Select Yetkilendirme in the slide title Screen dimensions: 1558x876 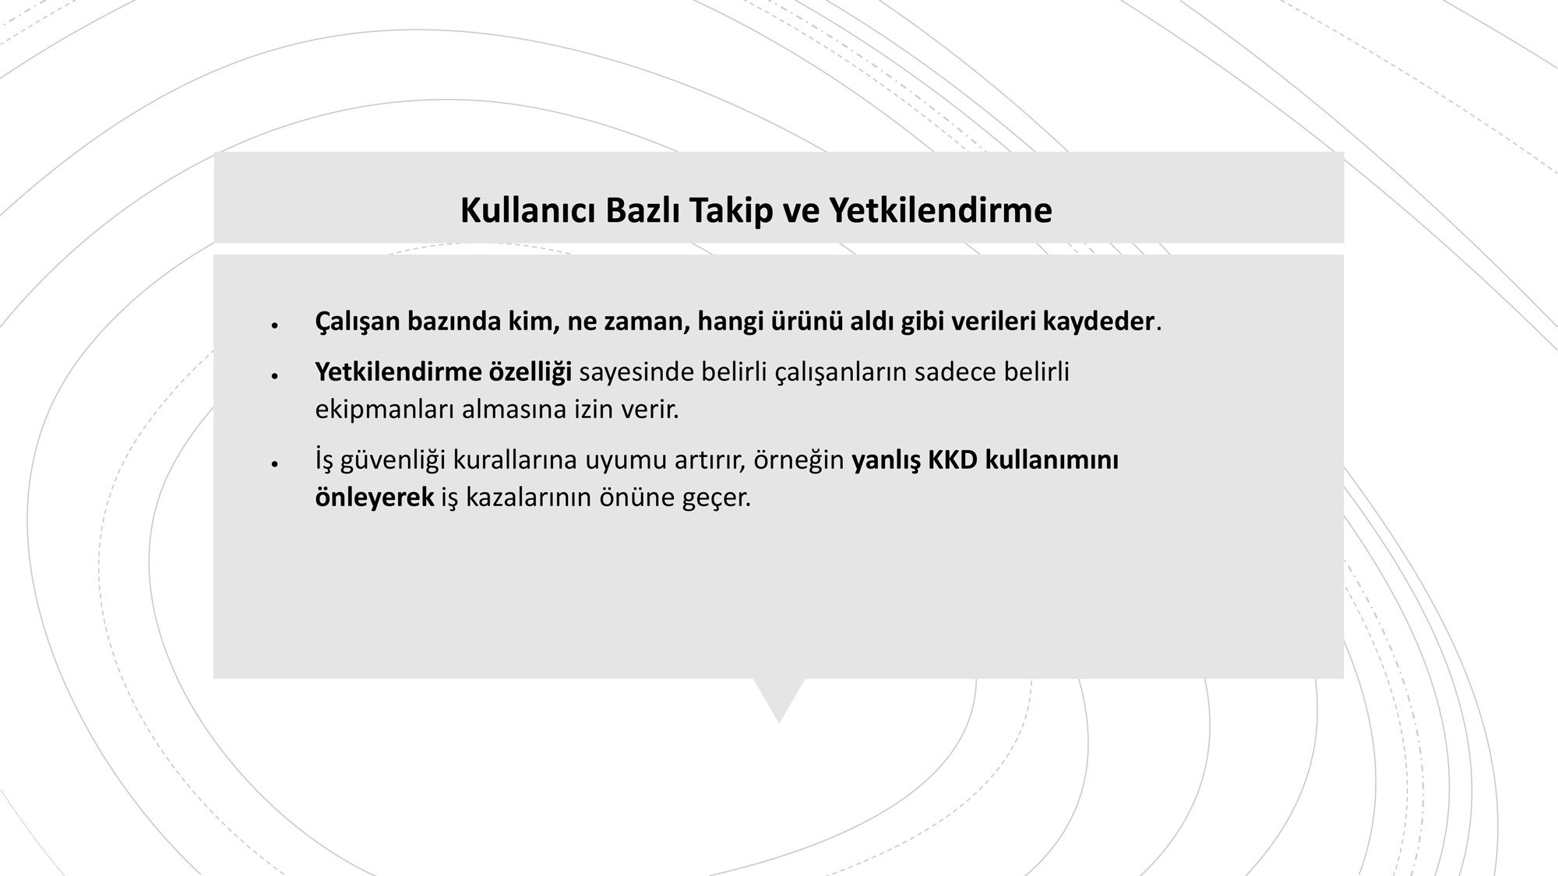939,210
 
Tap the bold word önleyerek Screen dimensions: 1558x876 375,498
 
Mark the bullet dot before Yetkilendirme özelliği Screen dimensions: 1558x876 275,376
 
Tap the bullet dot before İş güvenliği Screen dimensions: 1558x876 275,464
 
